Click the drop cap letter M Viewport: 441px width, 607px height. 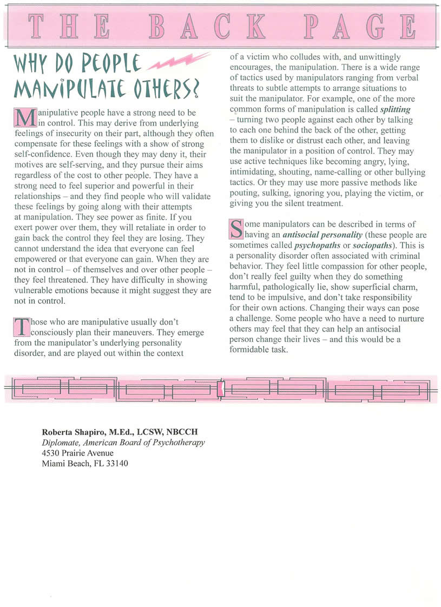tap(22, 117)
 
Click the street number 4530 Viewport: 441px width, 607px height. tap(52, 453)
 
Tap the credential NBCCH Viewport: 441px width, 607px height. tap(184, 432)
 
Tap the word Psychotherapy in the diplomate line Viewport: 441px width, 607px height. tap(179, 443)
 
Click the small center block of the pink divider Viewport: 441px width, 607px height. tap(220, 388)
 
